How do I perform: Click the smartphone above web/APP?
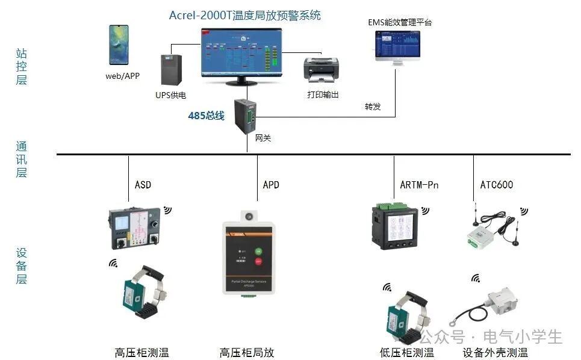point(119,45)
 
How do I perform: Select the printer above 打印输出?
point(320,72)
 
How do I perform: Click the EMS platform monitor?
point(397,45)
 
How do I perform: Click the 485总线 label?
point(206,116)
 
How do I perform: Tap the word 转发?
point(373,107)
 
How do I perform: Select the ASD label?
point(143,184)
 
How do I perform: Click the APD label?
point(271,184)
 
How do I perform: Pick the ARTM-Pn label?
point(419,184)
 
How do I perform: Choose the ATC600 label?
point(496,184)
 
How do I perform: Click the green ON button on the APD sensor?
point(259,251)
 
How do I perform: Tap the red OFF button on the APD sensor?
point(259,262)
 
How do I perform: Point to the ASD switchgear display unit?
point(134,228)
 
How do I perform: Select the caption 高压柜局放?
point(247,352)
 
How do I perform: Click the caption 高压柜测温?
point(142,352)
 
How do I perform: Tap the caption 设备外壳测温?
point(495,353)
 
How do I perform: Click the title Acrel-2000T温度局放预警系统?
point(244,16)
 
